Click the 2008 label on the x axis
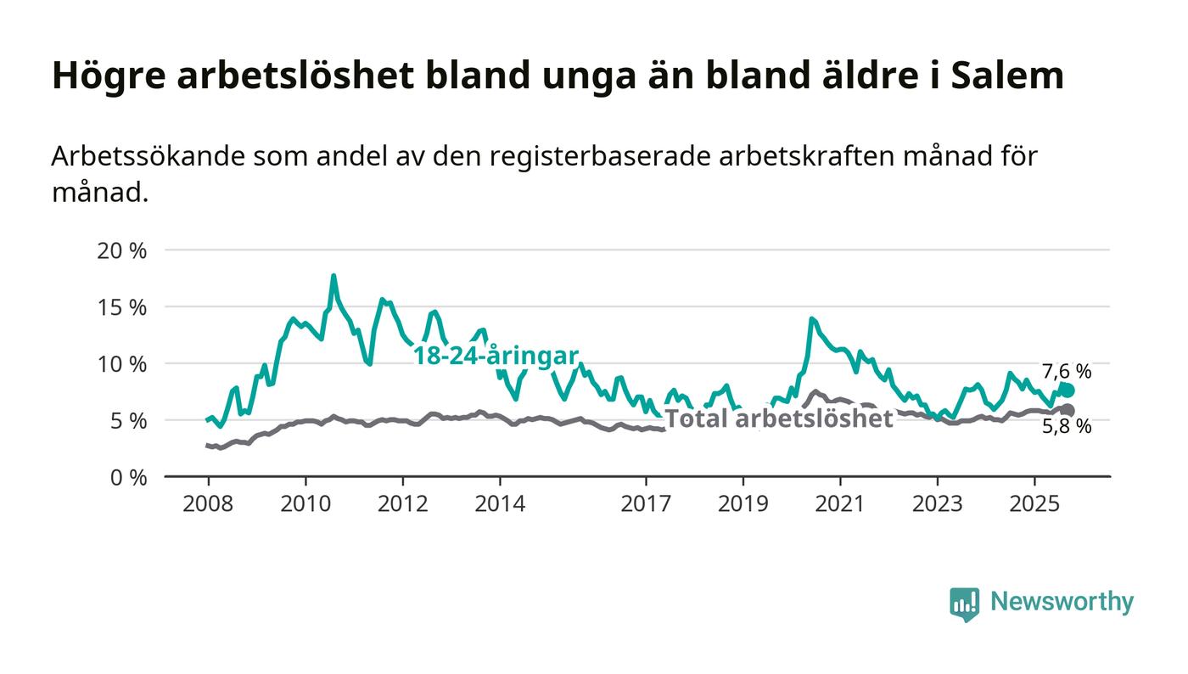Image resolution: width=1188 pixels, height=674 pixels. coord(208,503)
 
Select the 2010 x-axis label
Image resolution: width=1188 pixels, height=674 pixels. coord(305,503)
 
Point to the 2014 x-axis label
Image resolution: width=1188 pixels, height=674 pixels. coord(501,503)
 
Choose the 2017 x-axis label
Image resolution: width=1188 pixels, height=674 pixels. coord(647,503)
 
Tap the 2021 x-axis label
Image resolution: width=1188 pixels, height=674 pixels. coord(841,503)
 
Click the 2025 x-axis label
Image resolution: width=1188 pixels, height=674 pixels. coord(1034,503)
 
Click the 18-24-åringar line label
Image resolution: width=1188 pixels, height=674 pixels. coord(496,356)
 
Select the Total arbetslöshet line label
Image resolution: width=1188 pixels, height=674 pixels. coord(778,418)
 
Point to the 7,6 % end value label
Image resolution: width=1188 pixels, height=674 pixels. coord(1067,371)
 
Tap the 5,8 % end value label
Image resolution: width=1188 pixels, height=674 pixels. coord(1067,427)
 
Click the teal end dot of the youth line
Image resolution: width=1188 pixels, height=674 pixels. coord(1068,390)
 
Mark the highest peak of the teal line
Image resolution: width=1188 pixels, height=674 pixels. coord(333,276)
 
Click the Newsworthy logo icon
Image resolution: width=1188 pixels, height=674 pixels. coord(964,603)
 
